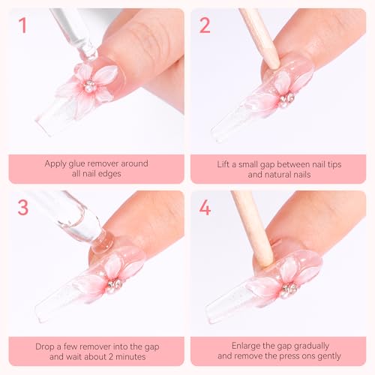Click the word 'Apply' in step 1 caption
pos(55,163)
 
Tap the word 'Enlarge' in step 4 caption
pos(229,346)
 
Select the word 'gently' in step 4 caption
pos(330,358)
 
